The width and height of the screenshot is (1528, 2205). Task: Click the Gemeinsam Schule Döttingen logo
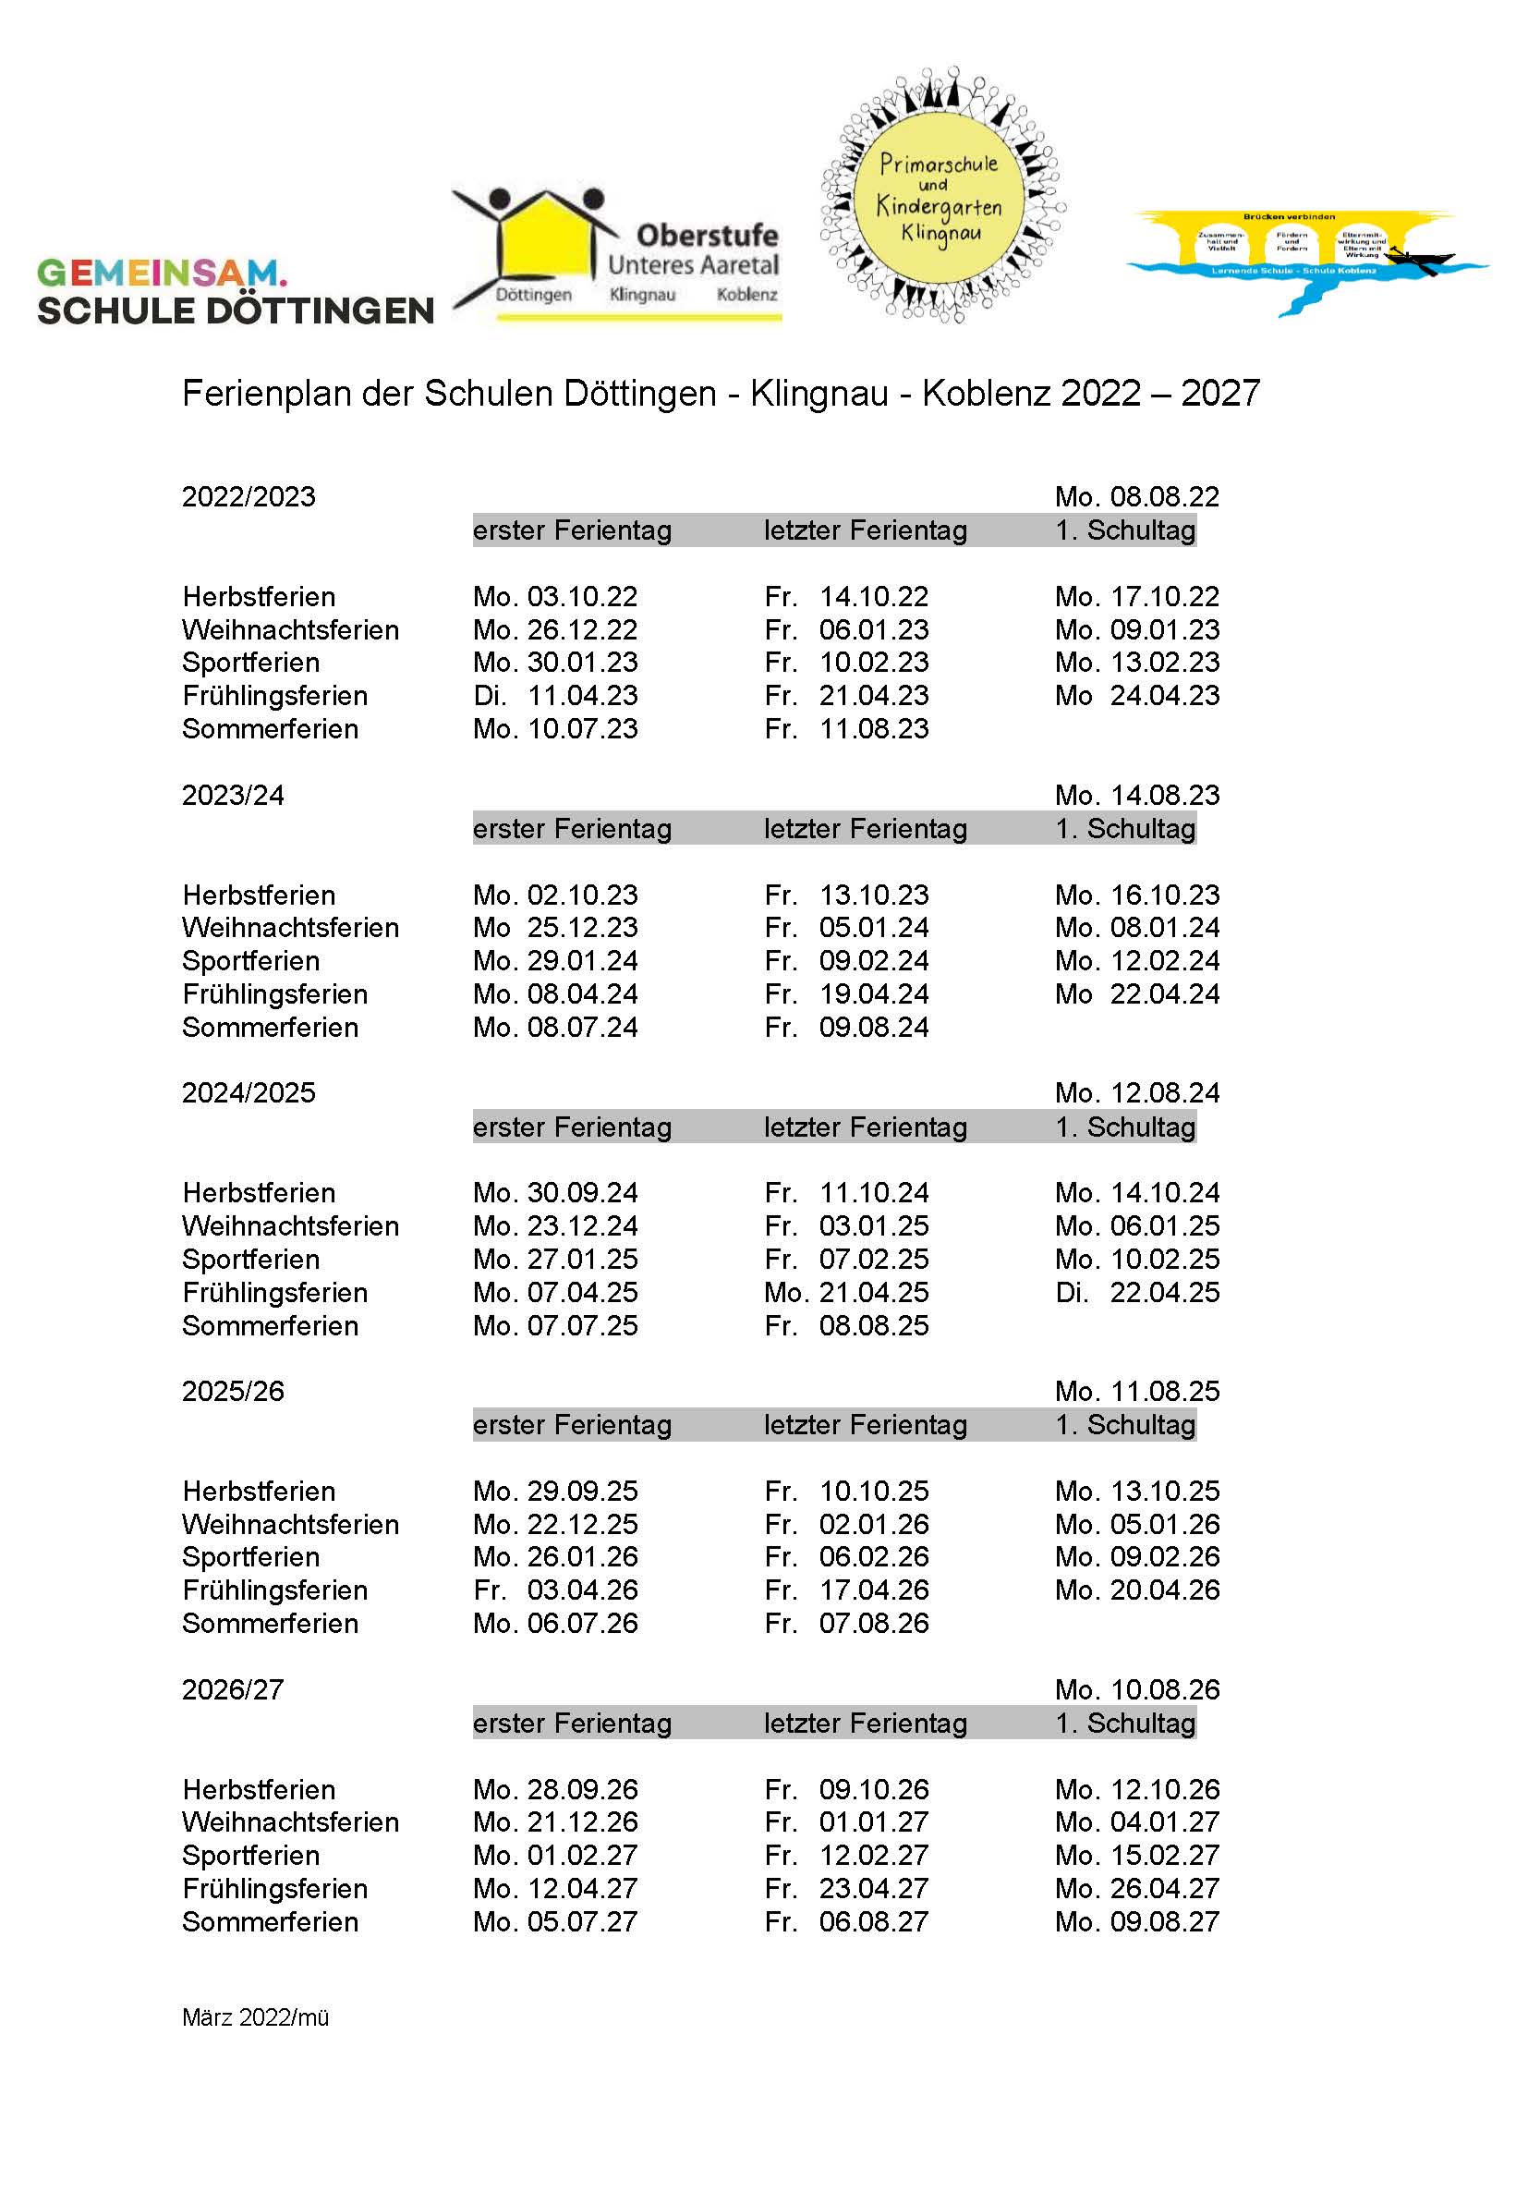tap(235, 291)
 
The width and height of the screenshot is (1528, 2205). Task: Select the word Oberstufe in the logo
tap(707, 236)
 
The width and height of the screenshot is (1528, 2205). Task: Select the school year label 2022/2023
tap(249, 497)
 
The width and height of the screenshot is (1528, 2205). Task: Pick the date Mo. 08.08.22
tap(1136, 497)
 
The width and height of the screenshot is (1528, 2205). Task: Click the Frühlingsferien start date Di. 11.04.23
tap(555, 696)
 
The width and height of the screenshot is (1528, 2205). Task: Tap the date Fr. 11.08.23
tap(846, 728)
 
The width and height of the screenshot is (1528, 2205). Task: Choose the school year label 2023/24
tap(234, 796)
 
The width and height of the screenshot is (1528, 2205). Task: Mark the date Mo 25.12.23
tap(555, 928)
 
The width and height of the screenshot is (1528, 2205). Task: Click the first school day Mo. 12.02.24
tap(1136, 961)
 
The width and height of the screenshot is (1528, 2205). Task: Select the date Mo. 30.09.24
tap(555, 1193)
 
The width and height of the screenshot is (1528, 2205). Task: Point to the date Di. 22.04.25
tap(1136, 1293)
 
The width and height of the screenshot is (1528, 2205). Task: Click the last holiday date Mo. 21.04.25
tap(846, 1293)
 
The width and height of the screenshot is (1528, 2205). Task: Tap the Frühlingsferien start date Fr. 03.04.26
tap(555, 1590)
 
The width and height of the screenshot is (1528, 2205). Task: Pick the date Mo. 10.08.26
tap(1136, 1690)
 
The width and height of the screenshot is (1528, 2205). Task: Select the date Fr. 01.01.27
tap(846, 1822)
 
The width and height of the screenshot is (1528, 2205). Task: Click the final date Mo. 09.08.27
tap(1136, 1921)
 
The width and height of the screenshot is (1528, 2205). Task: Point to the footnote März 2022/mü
tap(256, 2017)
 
